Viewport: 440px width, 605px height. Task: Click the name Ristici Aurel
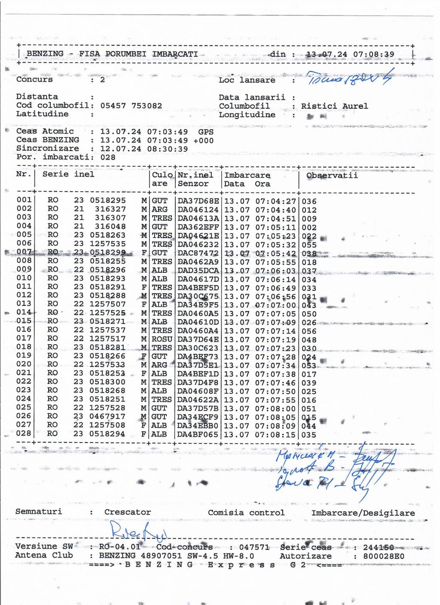click(334, 106)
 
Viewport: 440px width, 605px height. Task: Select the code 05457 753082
click(131, 106)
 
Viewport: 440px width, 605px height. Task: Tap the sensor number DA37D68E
click(198, 201)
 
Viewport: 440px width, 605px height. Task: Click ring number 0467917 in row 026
click(107, 416)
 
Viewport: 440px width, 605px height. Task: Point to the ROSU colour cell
click(162, 339)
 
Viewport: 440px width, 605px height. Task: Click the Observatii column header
click(332, 175)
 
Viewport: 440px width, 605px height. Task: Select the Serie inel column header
click(68, 174)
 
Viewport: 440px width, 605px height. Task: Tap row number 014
click(24, 312)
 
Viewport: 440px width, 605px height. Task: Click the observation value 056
click(309, 331)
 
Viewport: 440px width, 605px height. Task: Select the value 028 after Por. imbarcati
click(107, 157)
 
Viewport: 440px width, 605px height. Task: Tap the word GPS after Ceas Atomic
click(206, 131)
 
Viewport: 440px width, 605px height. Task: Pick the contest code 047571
click(254, 547)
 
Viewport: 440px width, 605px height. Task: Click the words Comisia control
click(246, 513)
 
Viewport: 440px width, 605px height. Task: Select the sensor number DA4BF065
click(198, 434)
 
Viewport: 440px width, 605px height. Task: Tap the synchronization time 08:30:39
click(169, 149)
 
